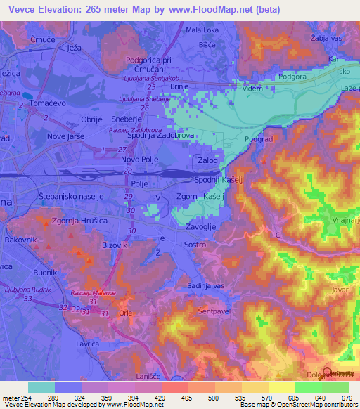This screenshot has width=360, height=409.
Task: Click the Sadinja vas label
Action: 205,285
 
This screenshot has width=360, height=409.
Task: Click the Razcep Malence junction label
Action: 92,293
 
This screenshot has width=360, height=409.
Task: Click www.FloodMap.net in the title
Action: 219,10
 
